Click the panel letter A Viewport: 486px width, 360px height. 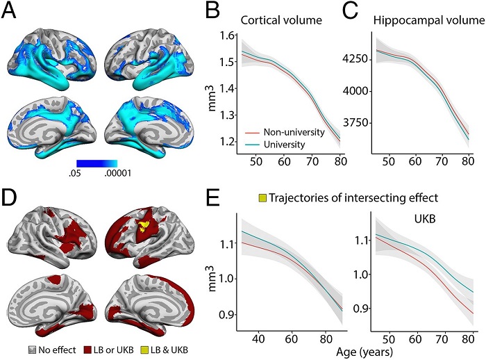pyautogui.click(x=12, y=12)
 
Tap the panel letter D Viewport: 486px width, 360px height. pyautogui.click(x=12, y=200)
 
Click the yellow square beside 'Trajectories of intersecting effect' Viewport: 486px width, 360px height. pyautogui.click(x=263, y=197)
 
